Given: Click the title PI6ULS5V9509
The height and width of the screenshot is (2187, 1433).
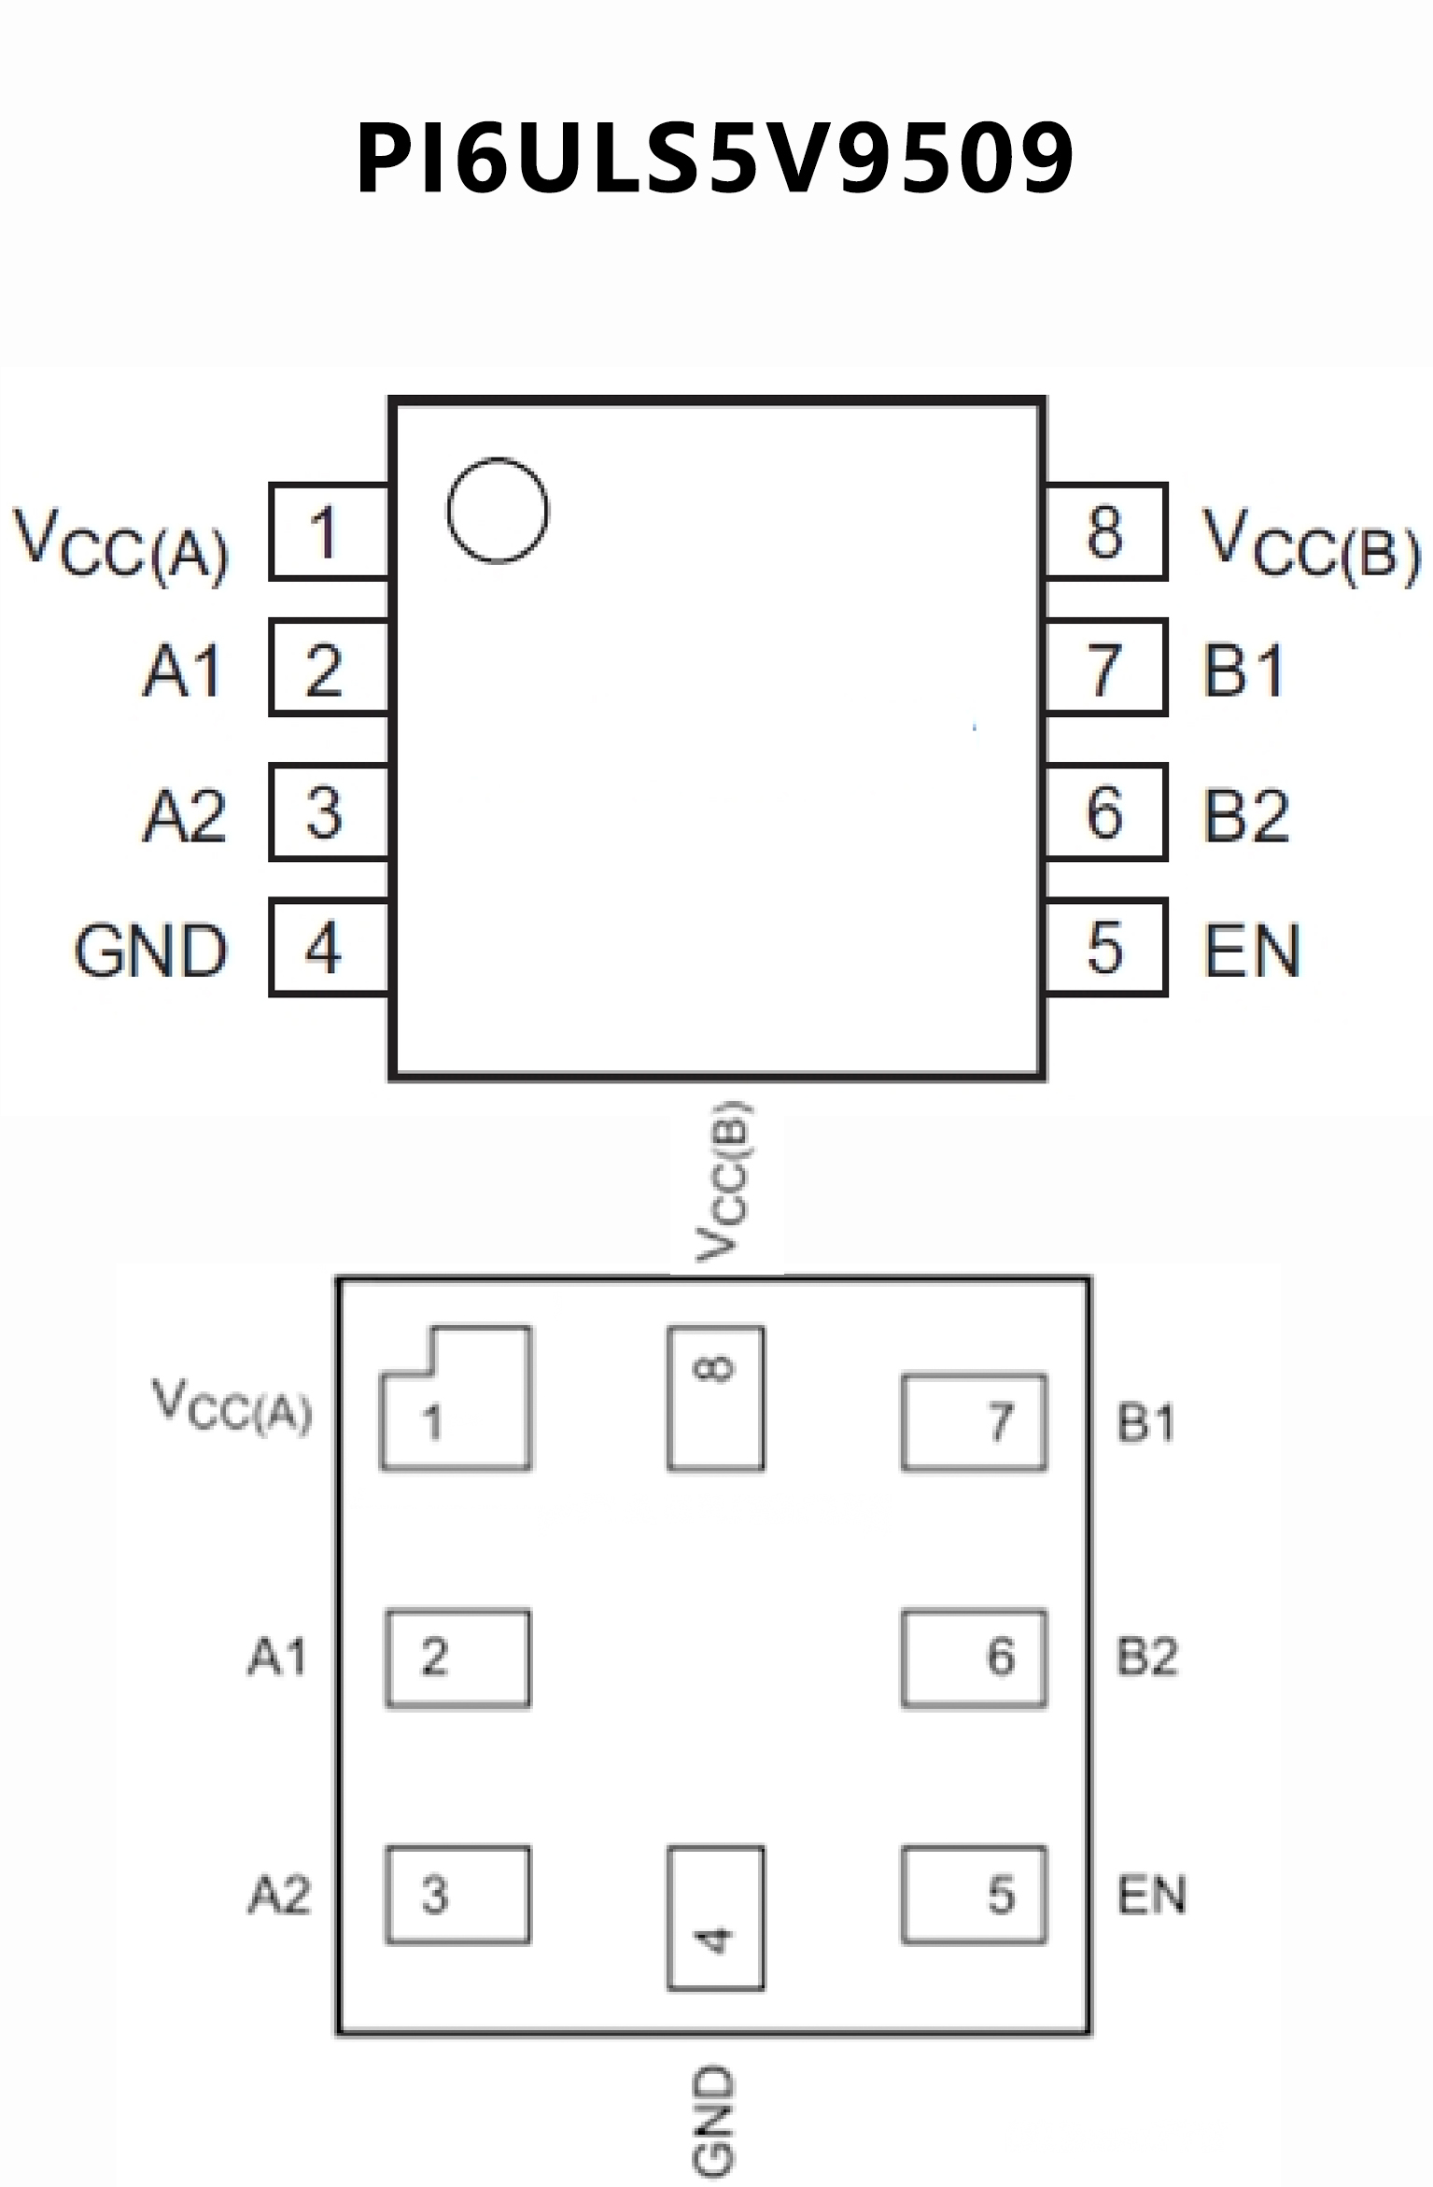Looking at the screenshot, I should pyautogui.click(x=715, y=159).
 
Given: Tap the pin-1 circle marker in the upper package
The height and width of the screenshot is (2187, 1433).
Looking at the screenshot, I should pyautogui.click(x=497, y=511).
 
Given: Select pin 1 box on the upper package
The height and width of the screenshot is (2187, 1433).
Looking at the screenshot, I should pyautogui.click(x=329, y=532).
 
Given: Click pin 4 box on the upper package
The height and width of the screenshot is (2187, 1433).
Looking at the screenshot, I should pyautogui.click(x=329, y=948).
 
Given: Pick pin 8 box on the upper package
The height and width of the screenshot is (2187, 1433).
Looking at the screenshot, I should pyautogui.click(x=1105, y=532).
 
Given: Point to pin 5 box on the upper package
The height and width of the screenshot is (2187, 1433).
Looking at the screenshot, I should pyautogui.click(x=1105, y=948).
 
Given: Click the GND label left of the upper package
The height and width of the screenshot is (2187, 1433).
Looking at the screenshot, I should pyautogui.click(x=150, y=952).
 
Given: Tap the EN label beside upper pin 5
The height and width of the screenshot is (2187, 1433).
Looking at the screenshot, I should pyautogui.click(x=1252, y=952).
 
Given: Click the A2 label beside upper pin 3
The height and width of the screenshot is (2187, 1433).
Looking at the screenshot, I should pyautogui.click(x=184, y=815).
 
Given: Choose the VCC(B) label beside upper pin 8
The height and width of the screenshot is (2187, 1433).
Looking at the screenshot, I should pyautogui.click(x=1311, y=544).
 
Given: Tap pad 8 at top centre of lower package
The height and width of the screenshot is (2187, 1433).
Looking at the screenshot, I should pyautogui.click(x=716, y=1399).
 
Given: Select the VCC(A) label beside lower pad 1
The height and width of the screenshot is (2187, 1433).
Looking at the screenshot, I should pyautogui.click(x=232, y=1406).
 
